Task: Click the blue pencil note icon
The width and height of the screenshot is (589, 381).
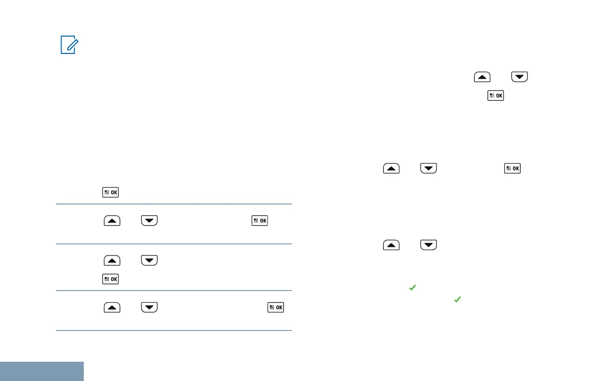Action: (x=68, y=46)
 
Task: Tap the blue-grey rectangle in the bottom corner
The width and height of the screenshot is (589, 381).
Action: (x=42, y=371)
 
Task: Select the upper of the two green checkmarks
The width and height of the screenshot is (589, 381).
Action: (x=412, y=288)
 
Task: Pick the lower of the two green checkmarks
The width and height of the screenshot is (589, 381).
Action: (x=457, y=299)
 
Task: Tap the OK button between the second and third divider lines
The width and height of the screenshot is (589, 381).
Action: (x=111, y=279)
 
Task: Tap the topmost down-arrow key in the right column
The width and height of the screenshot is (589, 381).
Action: (x=520, y=77)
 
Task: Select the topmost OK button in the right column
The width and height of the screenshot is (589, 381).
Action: (x=496, y=96)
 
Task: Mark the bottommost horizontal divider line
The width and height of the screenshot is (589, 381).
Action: (x=174, y=330)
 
